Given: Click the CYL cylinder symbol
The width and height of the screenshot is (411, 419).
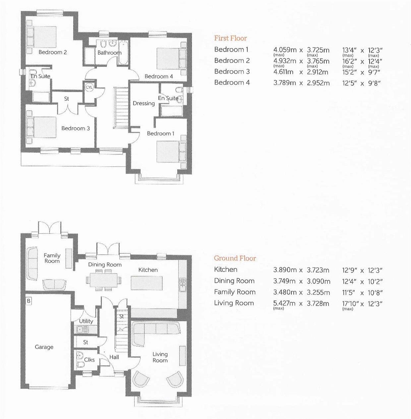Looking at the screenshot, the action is (x=89, y=87).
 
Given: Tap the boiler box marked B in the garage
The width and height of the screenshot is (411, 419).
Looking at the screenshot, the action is (x=29, y=301).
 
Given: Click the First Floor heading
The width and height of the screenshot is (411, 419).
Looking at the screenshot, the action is (x=231, y=38).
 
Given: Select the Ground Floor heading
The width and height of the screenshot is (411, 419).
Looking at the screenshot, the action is (x=235, y=258).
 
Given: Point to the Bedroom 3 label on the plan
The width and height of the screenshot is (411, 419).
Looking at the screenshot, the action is (x=76, y=128).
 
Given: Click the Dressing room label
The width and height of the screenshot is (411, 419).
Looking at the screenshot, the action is (x=144, y=103).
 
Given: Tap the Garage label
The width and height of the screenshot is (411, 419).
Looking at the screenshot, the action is (x=44, y=347).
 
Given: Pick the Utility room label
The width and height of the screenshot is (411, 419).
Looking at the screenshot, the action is (x=86, y=321).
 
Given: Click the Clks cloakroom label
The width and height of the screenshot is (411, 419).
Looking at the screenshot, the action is (x=89, y=360).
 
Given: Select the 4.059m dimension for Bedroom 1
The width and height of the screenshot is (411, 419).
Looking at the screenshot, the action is (x=285, y=50).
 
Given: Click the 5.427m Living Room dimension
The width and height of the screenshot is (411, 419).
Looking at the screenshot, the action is (x=284, y=303).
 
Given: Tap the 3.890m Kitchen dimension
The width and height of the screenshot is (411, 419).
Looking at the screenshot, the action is (x=285, y=270).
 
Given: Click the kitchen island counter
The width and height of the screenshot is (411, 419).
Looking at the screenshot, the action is (x=147, y=283).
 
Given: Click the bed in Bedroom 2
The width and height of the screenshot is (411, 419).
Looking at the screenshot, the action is (x=41, y=37).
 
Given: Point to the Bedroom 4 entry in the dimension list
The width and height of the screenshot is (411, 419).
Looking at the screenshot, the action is (x=232, y=82).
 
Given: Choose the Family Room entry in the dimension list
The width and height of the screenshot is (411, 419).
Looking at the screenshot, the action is (x=235, y=292).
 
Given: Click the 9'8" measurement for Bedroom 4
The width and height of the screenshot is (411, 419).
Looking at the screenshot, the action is (x=374, y=83).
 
